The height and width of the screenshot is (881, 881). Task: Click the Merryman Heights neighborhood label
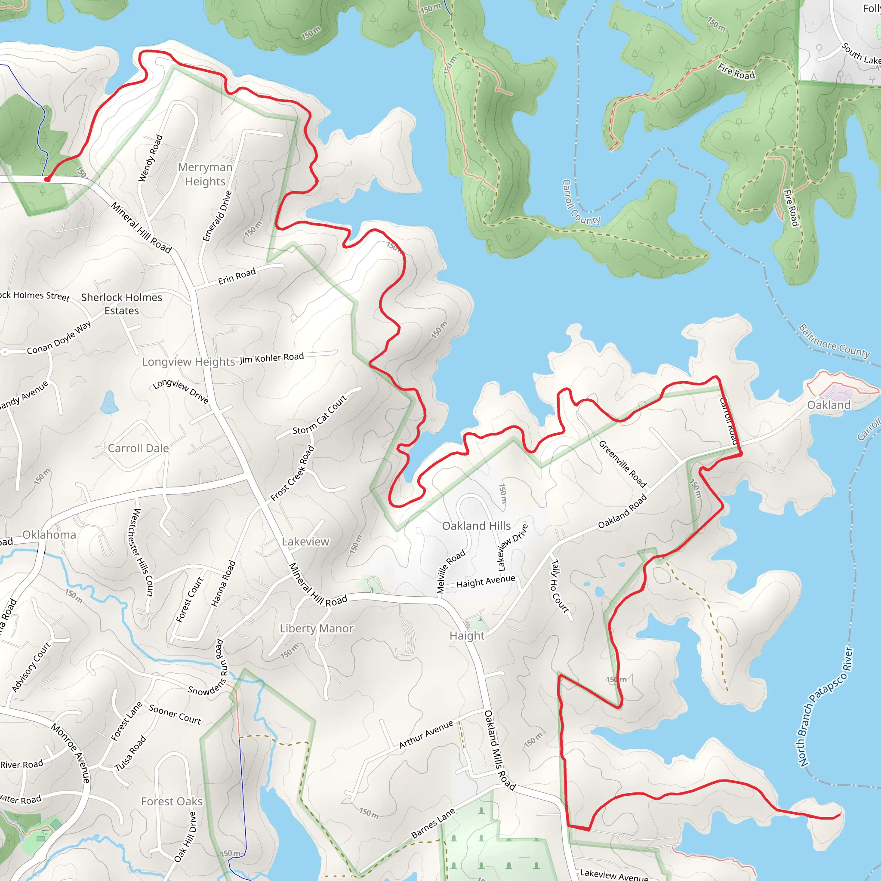pyautogui.click(x=205, y=174)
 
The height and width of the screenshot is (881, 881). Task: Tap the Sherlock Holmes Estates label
pyautogui.click(x=121, y=304)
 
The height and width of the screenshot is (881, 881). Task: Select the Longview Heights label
pyautogui.click(x=188, y=362)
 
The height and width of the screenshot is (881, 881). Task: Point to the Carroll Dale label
pyautogui.click(x=138, y=448)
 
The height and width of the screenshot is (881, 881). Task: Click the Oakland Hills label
pyautogui.click(x=476, y=526)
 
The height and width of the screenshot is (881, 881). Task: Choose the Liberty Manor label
pyautogui.click(x=317, y=628)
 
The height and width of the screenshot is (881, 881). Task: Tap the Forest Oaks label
pyautogui.click(x=172, y=801)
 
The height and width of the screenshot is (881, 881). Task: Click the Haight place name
pyautogui.click(x=467, y=636)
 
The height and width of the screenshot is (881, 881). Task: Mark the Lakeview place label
pyautogui.click(x=305, y=542)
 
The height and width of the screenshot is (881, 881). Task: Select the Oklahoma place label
pyautogui.click(x=49, y=534)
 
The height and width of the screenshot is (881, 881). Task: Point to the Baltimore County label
pyautogui.click(x=834, y=341)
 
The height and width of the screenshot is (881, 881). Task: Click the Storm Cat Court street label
pyautogui.click(x=320, y=415)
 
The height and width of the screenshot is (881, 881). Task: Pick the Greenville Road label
pyautogui.click(x=622, y=464)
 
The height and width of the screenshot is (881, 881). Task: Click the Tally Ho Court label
pyautogui.click(x=560, y=586)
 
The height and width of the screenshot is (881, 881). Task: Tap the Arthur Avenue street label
pyautogui.click(x=426, y=735)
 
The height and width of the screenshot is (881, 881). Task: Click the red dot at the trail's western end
pyautogui.click(x=47, y=179)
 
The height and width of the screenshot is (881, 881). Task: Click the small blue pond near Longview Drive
pyautogui.click(x=109, y=403)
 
